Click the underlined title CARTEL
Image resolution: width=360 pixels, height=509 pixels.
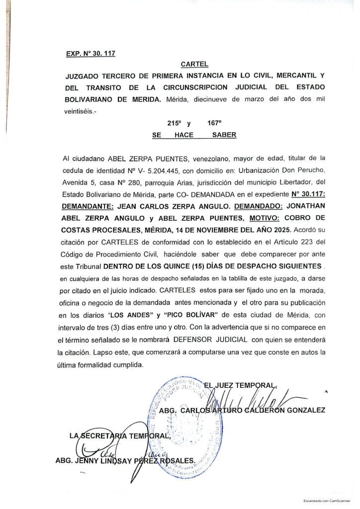194,65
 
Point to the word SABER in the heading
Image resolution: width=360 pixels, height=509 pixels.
224,135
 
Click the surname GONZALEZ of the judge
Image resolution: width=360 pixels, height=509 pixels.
302,411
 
